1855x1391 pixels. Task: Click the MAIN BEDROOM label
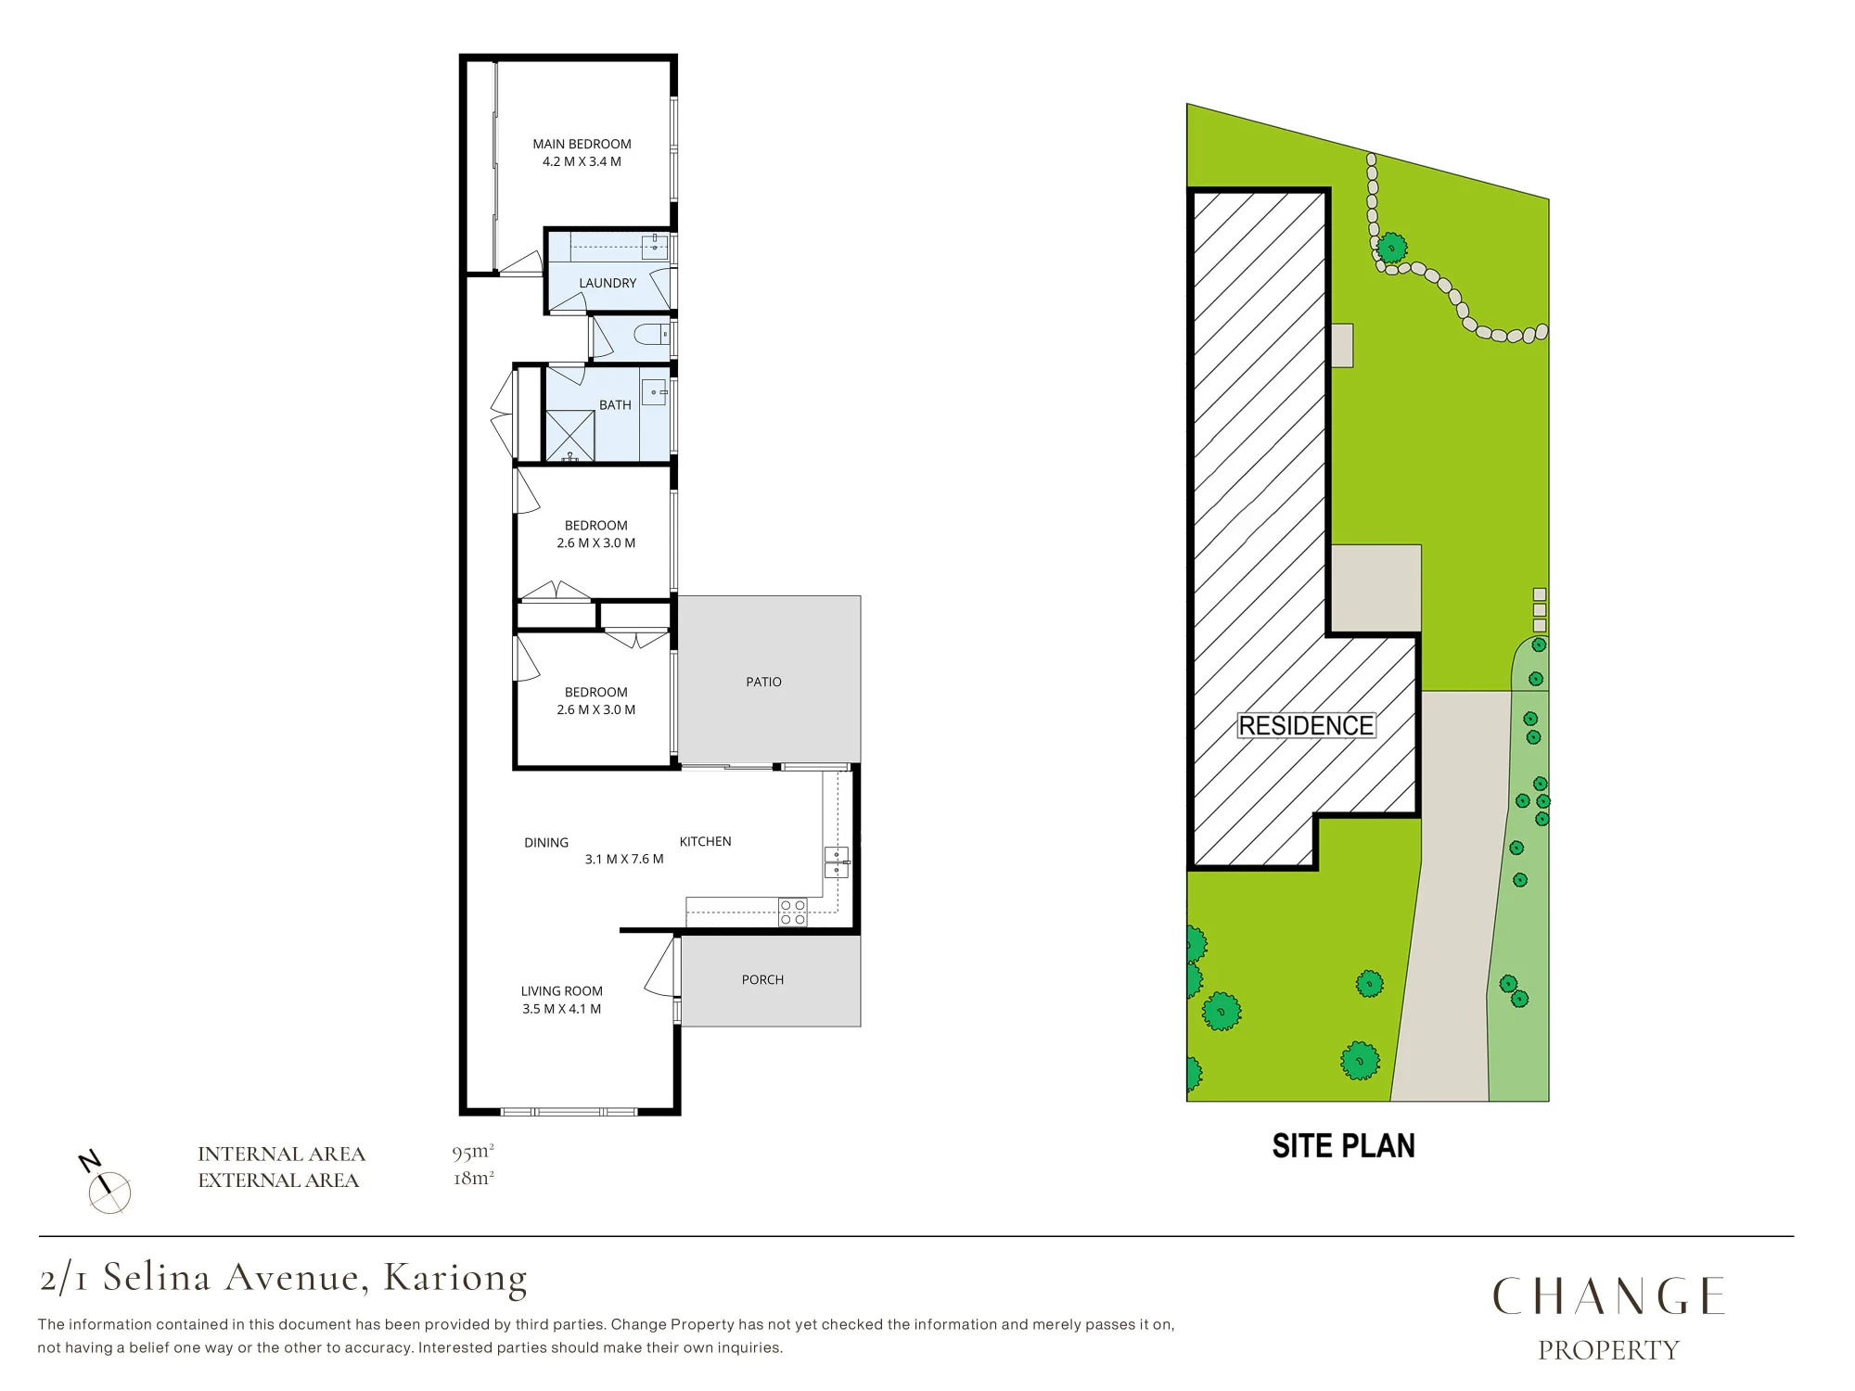(x=582, y=144)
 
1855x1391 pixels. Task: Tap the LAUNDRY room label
(x=608, y=283)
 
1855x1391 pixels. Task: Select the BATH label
(x=615, y=405)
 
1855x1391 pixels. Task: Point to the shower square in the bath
(x=569, y=435)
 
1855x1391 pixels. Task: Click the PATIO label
(x=763, y=682)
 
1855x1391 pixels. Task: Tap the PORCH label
(x=762, y=979)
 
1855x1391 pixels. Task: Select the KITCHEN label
(x=705, y=841)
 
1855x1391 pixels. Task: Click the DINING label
(x=546, y=843)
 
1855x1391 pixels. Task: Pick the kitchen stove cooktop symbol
(x=793, y=912)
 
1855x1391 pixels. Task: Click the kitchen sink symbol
(x=837, y=862)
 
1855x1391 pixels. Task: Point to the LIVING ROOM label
(x=561, y=991)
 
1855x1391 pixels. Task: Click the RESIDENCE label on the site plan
(x=1306, y=726)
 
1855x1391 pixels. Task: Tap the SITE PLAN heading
(x=1343, y=1146)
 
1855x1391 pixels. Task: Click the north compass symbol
(x=106, y=1183)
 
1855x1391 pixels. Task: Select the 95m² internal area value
(x=473, y=1153)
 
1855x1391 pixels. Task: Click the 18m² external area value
(x=473, y=1179)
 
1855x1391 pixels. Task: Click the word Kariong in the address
(x=455, y=1279)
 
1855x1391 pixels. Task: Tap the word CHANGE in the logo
(x=1608, y=1296)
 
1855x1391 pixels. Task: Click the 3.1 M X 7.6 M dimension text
(x=624, y=860)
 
